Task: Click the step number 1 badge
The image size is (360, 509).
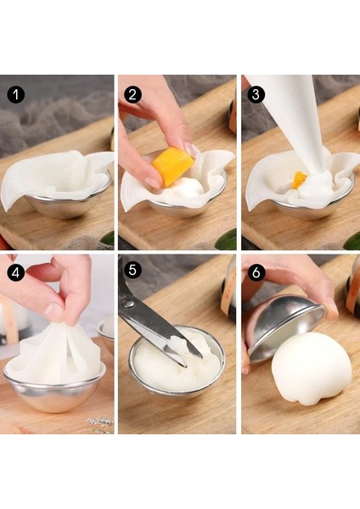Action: coord(15,95)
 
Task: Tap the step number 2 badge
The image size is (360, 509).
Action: coord(132,95)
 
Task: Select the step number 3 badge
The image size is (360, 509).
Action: coord(256,94)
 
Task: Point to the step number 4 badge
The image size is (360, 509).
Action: coord(15,272)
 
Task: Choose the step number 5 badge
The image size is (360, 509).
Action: coord(132,270)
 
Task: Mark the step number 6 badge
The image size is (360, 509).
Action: coord(256,272)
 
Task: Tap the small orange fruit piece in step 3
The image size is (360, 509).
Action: coord(299,180)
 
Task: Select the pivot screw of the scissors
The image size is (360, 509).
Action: coord(129,304)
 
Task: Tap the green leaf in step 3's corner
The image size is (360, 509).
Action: coord(352,241)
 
